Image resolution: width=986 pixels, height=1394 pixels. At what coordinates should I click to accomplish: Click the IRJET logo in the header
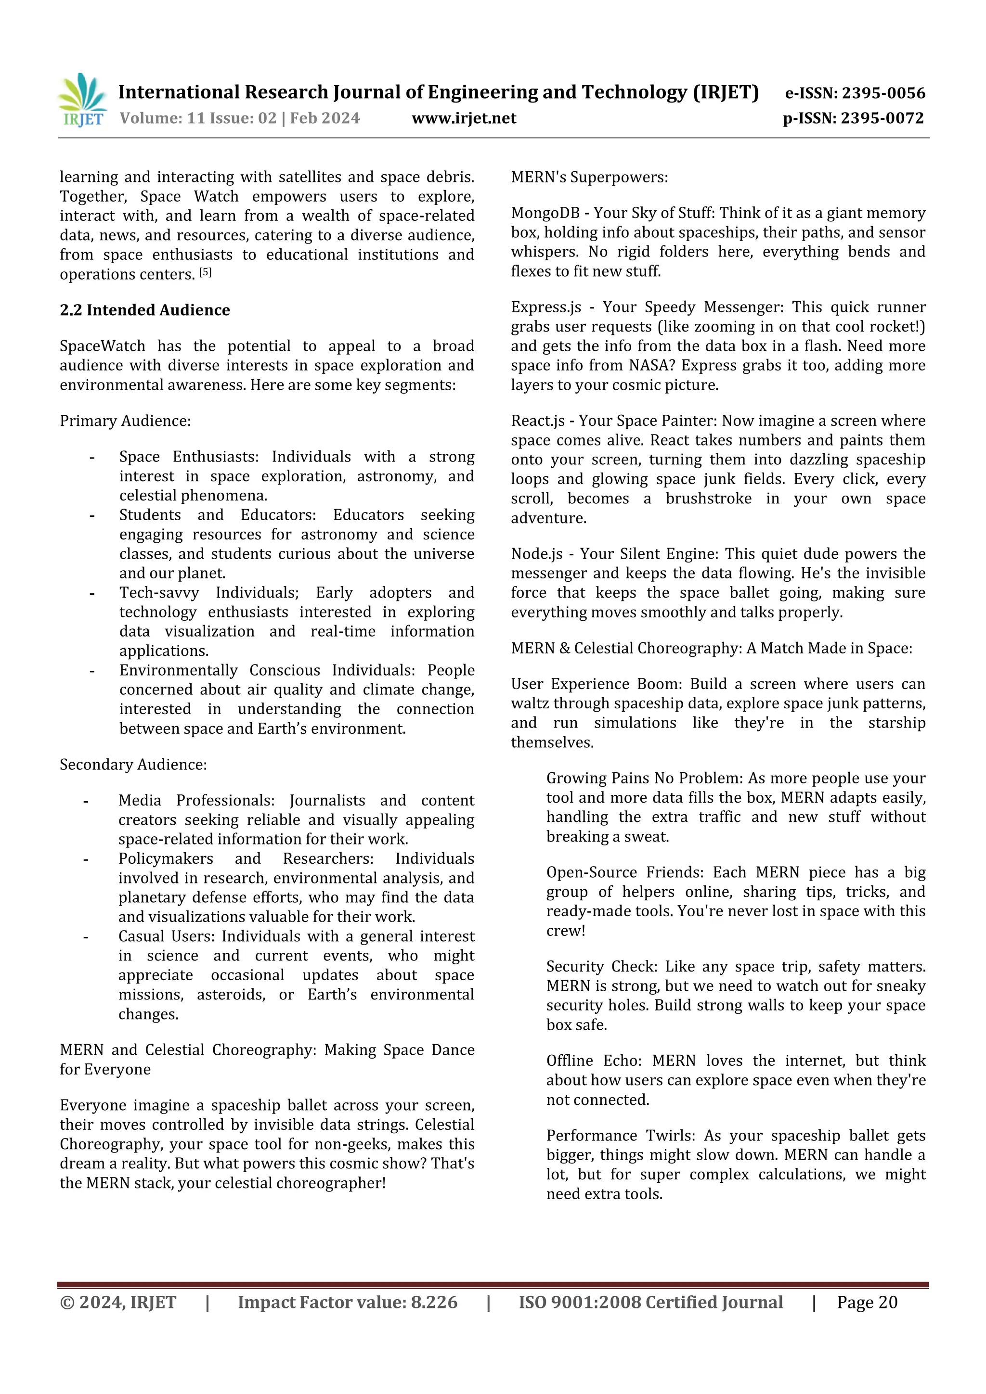[83, 100]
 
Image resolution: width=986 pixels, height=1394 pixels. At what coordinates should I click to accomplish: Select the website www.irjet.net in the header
[464, 118]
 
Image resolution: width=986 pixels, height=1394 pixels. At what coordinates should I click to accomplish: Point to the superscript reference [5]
[206, 272]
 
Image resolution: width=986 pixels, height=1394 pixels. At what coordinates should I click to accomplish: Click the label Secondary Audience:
[133, 765]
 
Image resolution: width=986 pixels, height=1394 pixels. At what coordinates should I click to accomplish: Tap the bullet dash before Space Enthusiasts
[92, 457]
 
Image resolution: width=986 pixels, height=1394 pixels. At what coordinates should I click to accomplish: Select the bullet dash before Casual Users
[86, 937]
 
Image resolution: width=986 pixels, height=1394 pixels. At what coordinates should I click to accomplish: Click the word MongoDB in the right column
[545, 213]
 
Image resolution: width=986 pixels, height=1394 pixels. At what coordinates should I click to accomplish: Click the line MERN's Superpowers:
[589, 177]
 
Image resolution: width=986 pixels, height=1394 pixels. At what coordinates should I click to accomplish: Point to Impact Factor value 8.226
[348, 1302]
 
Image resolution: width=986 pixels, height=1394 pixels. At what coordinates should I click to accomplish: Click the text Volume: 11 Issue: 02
[198, 118]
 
